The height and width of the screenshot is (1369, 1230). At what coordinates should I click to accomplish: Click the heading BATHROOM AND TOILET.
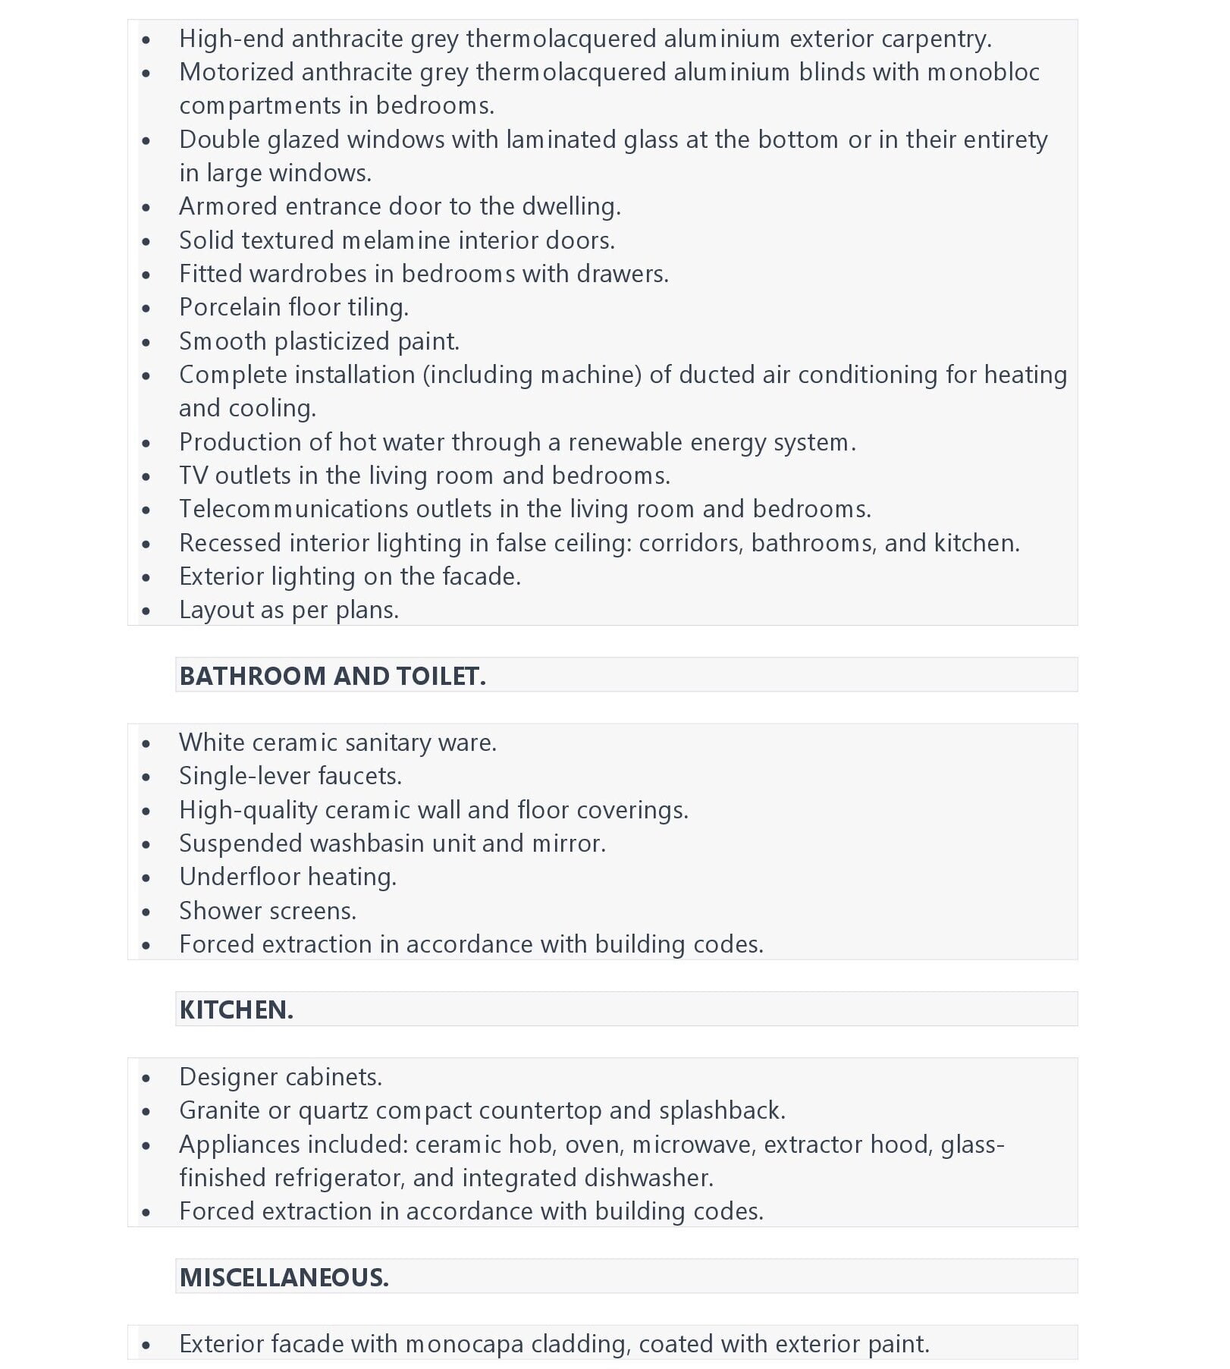(332, 676)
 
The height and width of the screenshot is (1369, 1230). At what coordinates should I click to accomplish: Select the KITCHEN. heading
(236, 1009)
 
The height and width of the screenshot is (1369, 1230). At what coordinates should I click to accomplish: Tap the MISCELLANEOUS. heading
(284, 1277)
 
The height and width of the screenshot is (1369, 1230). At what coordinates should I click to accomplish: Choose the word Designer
(227, 1077)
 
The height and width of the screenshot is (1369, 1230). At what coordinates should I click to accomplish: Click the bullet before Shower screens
(146, 912)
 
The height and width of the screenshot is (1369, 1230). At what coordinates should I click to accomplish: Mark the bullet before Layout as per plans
(146, 611)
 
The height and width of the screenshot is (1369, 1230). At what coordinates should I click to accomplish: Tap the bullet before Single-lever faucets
(146, 777)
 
